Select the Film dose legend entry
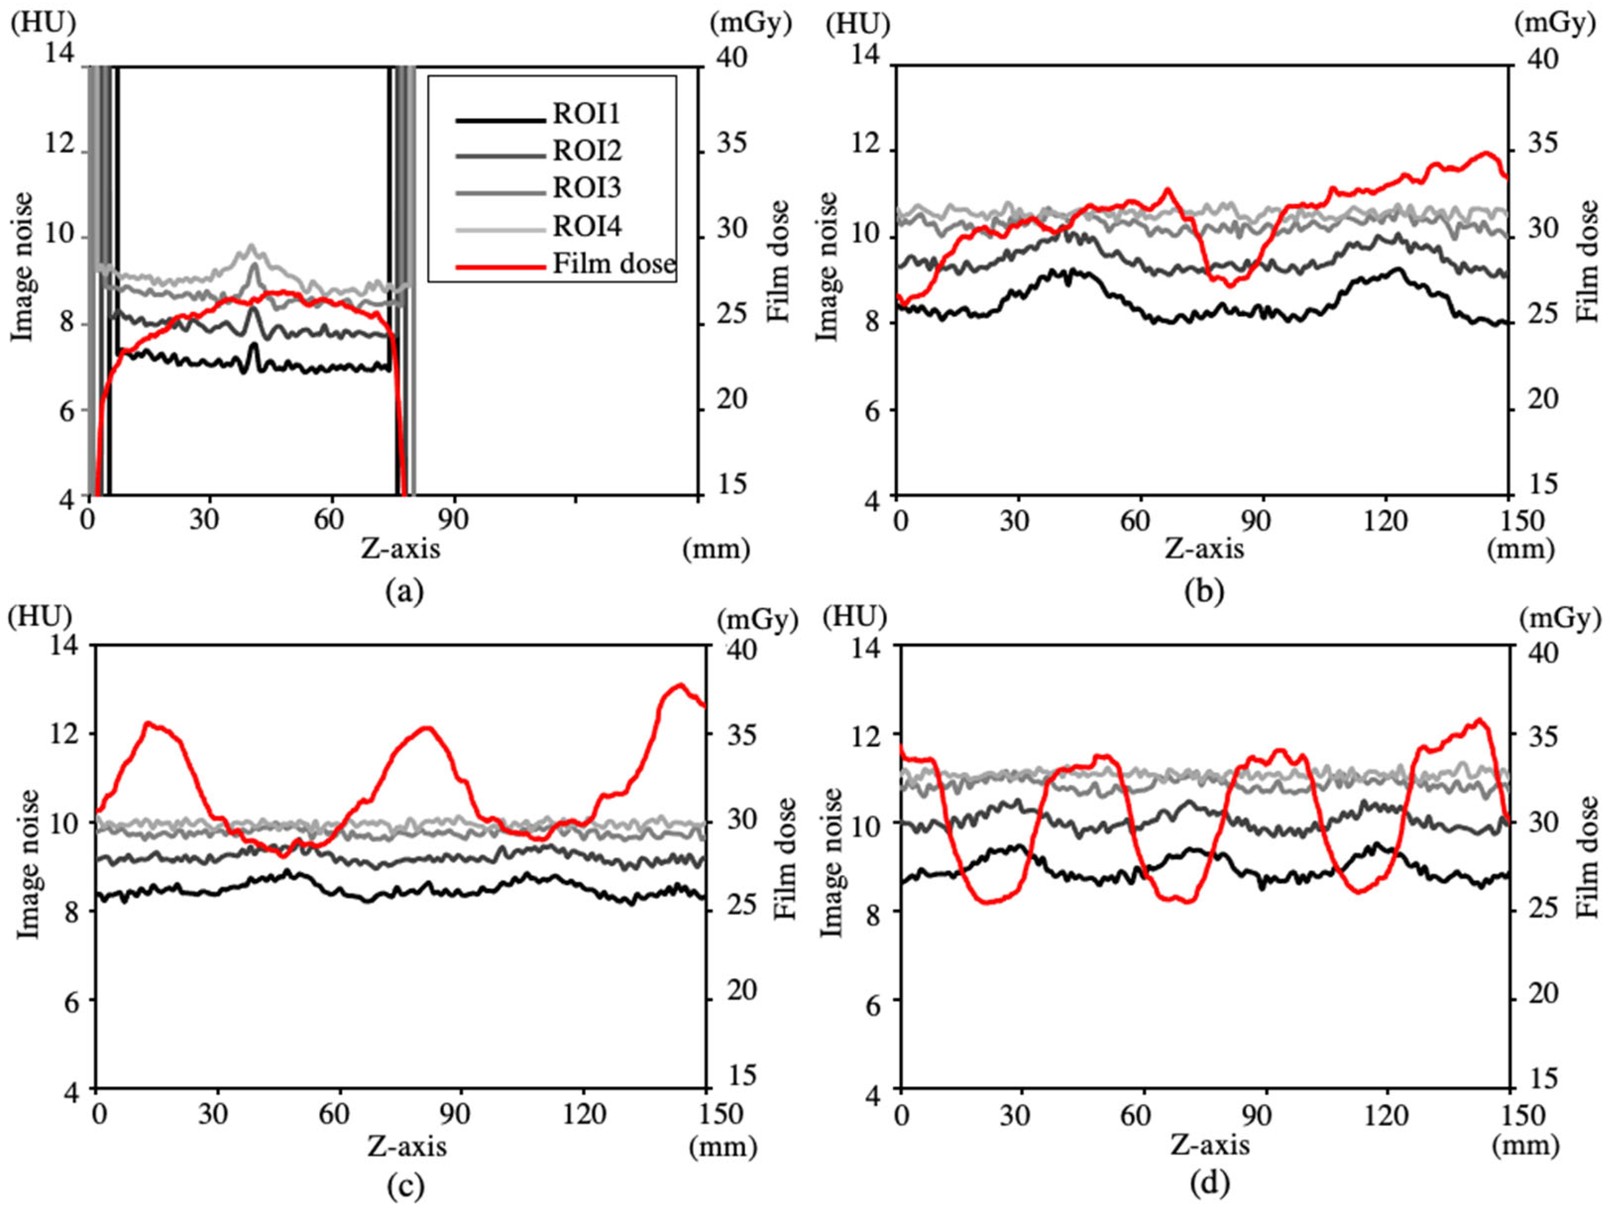613,263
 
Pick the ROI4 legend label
586,226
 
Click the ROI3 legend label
586,188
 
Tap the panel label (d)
1209,1184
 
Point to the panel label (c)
404,1186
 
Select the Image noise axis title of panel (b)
826,266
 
